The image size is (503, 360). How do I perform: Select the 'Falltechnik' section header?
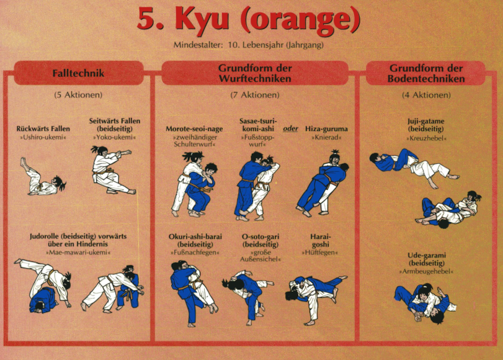coord(78,73)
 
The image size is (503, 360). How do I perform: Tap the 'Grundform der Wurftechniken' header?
coord(255,73)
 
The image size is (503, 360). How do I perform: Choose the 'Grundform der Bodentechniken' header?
coord(426,73)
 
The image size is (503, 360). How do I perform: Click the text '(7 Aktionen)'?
coord(255,95)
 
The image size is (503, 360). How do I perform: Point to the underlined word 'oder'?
coord(290,128)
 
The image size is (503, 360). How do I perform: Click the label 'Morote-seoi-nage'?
coord(194,128)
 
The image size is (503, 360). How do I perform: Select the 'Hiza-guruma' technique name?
coord(326,128)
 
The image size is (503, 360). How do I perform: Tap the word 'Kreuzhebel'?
coord(426,138)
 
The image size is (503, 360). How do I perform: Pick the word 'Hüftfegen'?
coord(319,253)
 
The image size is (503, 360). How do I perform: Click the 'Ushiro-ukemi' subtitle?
coord(43,137)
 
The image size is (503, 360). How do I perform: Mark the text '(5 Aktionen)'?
coord(78,95)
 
